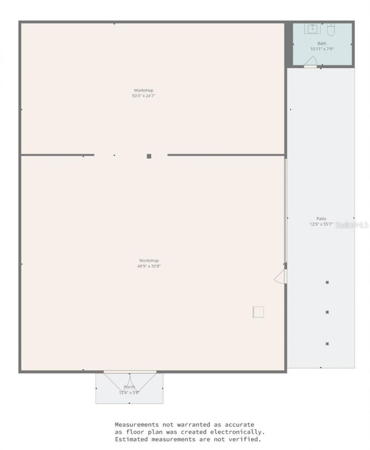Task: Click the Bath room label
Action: (x=322, y=43)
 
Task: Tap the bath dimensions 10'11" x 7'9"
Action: (x=322, y=49)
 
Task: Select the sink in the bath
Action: (x=312, y=29)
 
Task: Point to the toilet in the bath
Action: (x=331, y=29)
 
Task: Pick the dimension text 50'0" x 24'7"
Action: (x=144, y=96)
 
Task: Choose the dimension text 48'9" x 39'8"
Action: (x=149, y=266)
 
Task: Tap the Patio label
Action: (x=321, y=219)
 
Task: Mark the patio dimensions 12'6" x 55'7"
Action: (x=321, y=224)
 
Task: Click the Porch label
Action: (x=129, y=387)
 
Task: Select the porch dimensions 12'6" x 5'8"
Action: (x=129, y=393)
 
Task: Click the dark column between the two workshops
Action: (x=149, y=156)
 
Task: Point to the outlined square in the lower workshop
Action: (x=258, y=312)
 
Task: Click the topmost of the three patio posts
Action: (x=327, y=282)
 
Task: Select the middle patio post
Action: (x=327, y=312)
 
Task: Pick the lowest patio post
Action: (x=327, y=344)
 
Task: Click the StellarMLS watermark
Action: (x=352, y=225)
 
